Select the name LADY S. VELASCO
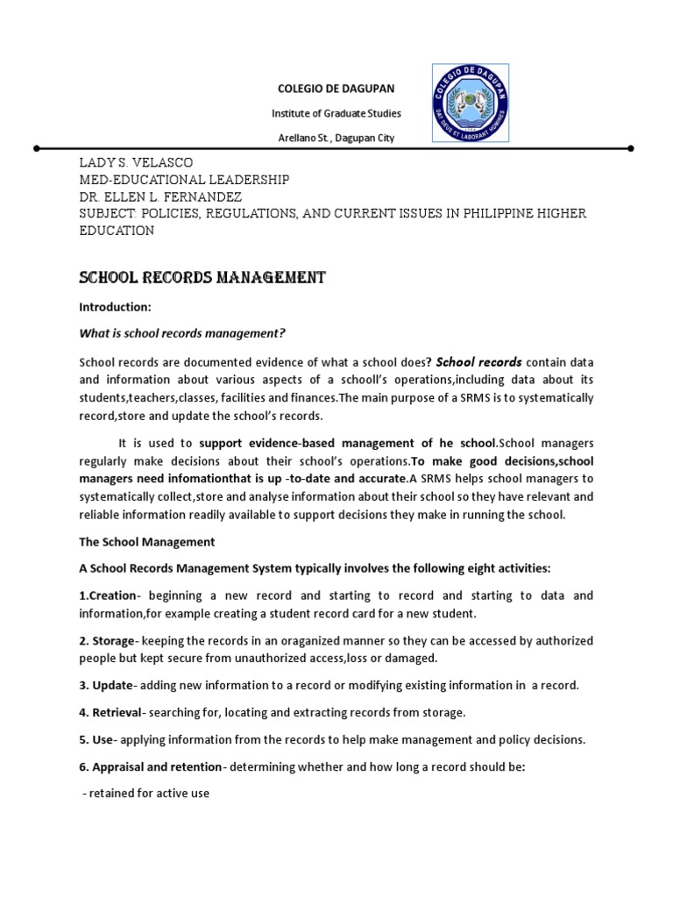(136, 164)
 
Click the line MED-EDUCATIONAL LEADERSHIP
(184, 180)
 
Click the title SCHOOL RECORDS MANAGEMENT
(202, 278)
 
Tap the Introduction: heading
(116, 308)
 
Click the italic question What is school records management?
(182, 333)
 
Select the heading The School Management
(146, 542)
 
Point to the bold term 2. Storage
(107, 641)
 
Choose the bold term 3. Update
(106, 685)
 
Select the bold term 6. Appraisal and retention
(151, 767)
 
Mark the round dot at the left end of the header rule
(36, 149)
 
